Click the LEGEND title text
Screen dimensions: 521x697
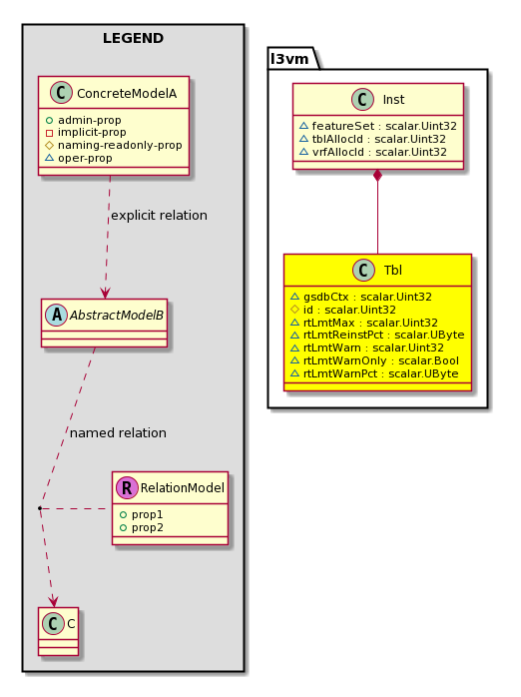pyautogui.click(x=134, y=38)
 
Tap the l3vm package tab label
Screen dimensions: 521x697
pyautogui.click(x=289, y=59)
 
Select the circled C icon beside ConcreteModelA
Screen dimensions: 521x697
pyautogui.click(x=61, y=93)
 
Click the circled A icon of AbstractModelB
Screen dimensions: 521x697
pyautogui.click(x=57, y=315)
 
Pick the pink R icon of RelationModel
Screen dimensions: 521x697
pyautogui.click(x=127, y=487)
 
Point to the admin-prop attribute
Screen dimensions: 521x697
pyautogui.click(x=84, y=120)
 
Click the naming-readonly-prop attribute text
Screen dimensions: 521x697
pyautogui.click(x=120, y=146)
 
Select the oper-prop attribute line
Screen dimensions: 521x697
pyautogui.click(x=79, y=158)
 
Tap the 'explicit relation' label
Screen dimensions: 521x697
pyautogui.click(x=159, y=215)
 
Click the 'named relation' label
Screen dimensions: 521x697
pyautogui.click(x=118, y=432)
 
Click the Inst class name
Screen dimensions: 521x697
pyautogui.click(x=393, y=100)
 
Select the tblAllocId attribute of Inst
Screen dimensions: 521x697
pyautogui.click(x=373, y=139)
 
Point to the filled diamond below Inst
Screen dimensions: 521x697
pyautogui.click(x=378, y=176)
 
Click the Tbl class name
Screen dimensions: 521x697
pyautogui.click(x=393, y=270)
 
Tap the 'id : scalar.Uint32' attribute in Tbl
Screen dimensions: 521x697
pyautogui.click(x=343, y=310)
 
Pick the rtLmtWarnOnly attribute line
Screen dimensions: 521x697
pyautogui.click(x=375, y=360)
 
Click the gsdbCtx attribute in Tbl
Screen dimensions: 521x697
pyautogui.click(x=361, y=297)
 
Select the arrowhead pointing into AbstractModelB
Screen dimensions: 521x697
pyautogui.click(x=105, y=294)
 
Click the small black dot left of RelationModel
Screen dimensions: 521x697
pyautogui.click(x=40, y=507)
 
